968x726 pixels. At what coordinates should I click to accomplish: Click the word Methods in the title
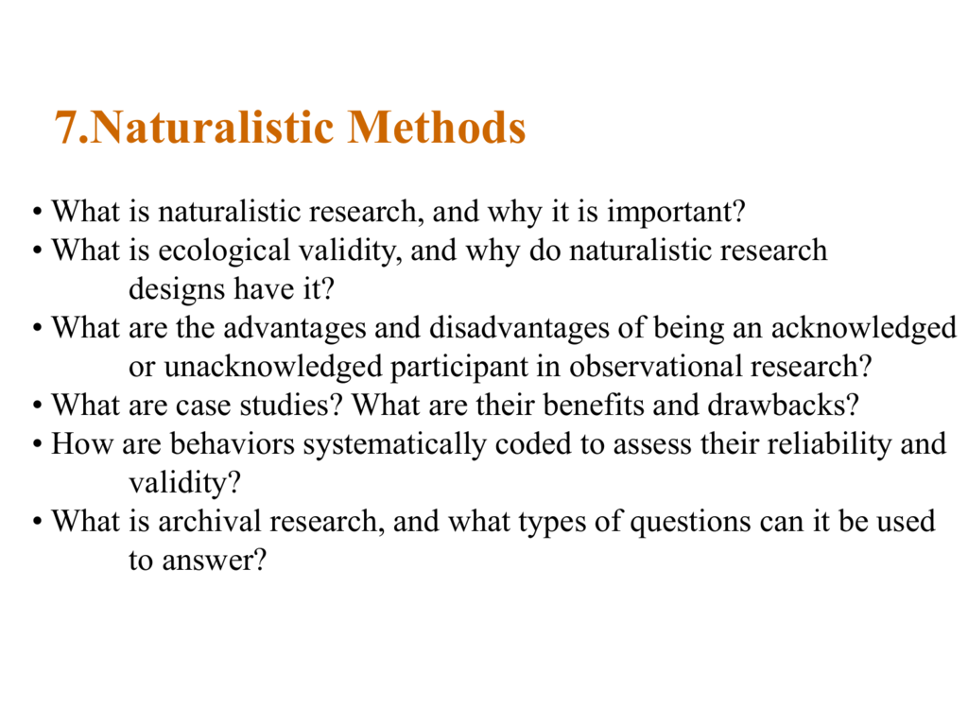(437, 128)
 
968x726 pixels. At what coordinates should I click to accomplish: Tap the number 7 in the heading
(66, 128)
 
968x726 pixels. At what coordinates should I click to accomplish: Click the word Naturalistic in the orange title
(213, 128)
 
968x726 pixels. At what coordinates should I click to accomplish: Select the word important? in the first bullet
(676, 213)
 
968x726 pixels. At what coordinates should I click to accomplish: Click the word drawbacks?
(784, 406)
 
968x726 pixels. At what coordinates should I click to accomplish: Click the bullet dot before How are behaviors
(38, 445)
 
